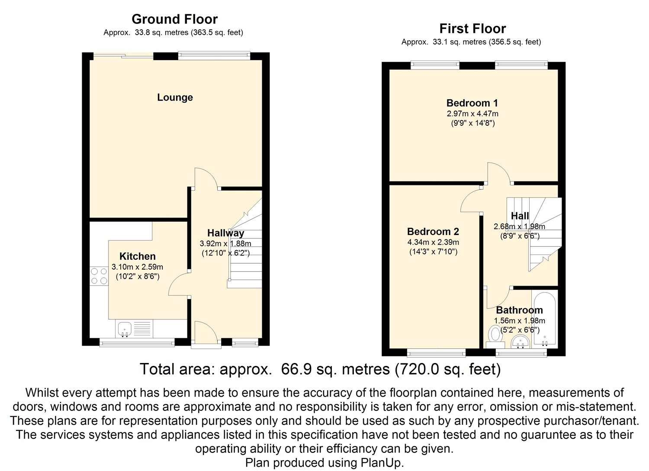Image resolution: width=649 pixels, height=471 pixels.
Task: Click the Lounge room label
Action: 175,98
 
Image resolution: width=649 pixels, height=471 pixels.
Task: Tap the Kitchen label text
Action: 137,256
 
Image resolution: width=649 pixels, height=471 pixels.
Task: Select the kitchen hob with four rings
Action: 99,276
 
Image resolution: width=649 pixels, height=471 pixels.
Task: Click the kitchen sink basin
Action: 125,329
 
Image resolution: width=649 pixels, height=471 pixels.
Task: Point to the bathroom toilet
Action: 495,337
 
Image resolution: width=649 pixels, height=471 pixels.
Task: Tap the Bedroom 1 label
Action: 472,103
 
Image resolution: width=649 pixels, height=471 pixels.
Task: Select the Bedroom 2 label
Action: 433,232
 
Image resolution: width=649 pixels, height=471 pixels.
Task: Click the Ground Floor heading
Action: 174,19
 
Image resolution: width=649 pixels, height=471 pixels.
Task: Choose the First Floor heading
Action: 472,29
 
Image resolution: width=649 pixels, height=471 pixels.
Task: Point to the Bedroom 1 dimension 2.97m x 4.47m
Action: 472,114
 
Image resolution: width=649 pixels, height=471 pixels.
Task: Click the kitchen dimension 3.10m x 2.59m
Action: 137,267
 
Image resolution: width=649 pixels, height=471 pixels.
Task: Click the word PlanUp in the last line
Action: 382,462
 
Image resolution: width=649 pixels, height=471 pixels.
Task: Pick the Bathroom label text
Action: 520,310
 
